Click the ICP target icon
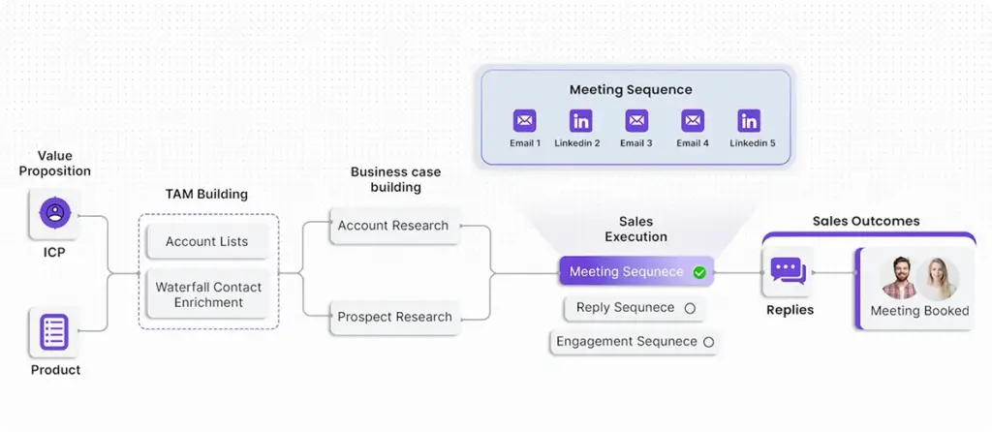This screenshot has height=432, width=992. click(x=54, y=214)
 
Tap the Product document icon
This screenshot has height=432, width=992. click(x=54, y=332)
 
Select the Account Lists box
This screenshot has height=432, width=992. click(x=206, y=241)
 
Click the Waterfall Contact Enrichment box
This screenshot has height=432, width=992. click(x=208, y=294)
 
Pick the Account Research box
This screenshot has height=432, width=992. click(x=392, y=226)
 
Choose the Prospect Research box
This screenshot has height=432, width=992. click(x=394, y=317)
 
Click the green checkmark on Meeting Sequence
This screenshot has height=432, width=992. click(x=699, y=272)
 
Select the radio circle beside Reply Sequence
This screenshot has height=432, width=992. click(x=690, y=308)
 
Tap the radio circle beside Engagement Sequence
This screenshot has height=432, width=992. click(x=708, y=342)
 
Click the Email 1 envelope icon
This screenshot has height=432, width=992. click(x=524, y=121)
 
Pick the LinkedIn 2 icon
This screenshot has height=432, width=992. click(x=580, y=121)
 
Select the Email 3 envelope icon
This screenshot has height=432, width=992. click(x=636, y=121)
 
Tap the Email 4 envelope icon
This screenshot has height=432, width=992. click(x=693, y=121)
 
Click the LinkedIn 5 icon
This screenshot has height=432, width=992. click(x=749, y=121)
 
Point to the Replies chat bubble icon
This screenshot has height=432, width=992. click(x=789, y=271)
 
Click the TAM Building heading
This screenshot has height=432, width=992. click(x=206, y=194)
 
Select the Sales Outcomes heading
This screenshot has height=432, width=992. click(x=866, y=221)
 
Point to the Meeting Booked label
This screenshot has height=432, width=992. click(x=919, y=311)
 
